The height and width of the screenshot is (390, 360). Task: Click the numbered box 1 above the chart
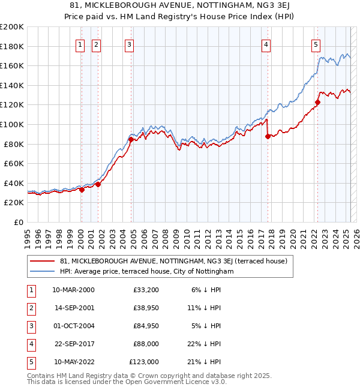pos(80,43)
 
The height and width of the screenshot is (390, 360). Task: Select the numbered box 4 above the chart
pos(266,43)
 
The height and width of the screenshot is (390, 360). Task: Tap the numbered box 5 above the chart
pos(316,43)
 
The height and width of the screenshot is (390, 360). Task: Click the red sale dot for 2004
pos(130,139)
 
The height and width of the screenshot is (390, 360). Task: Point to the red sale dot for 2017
pos(268,136)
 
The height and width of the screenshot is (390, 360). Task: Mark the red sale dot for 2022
pos(317,102)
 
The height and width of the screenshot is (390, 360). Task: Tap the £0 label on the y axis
pos(18,222)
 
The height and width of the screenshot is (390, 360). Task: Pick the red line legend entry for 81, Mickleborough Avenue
pos(174,261)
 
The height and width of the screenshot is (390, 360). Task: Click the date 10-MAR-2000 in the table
pos(73,290)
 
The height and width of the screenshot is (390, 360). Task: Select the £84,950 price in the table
pos(144,326)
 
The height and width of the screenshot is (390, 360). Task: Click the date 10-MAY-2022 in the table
pos(73,362)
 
